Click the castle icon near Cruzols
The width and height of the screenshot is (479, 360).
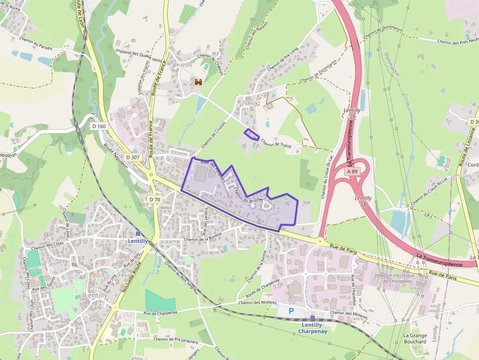pos(198,83)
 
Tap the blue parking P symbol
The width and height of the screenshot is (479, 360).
pos(292,311)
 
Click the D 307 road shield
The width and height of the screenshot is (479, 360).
pos(132,157)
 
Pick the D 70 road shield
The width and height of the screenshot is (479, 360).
pos(155,199)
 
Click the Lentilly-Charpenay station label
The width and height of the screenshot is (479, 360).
pos(312,328)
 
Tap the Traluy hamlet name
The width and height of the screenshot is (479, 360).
pos(250,103)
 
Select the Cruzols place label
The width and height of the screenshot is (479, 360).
pos(183,64)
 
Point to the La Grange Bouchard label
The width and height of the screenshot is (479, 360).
pos(415,339)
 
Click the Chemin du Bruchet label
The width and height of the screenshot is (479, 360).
pos(249,195)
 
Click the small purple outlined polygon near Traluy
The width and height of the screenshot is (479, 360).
pos(252,134)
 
